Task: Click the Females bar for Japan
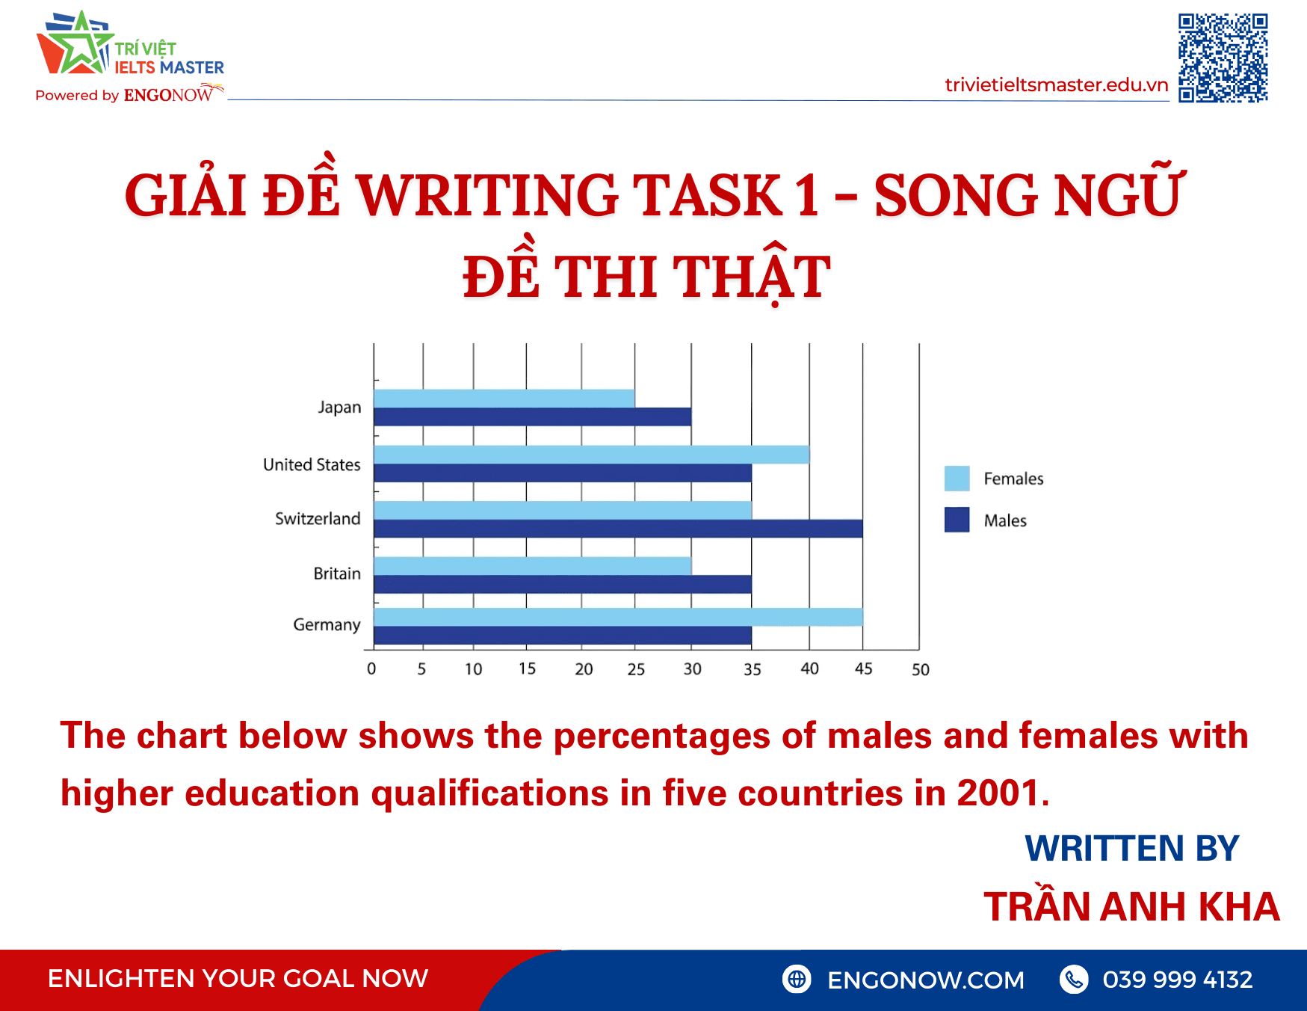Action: pyautogui.click(x=504, y=399)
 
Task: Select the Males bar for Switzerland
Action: pyautogui.click(x=618, y=529)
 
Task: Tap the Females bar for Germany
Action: pyautogui.click(x=618, y=617)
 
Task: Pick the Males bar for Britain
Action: pyautogui.click(x=563, y=584)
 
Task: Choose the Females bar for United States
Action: pyautogui.click(x=591, y=455)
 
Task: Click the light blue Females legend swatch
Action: pyautogui.click(x=957, y=479)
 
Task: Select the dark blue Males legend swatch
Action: pyautogui.click(x=957, y=520)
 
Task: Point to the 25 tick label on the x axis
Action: pyautogui.click(x=636, y=669)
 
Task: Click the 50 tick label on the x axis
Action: pyautogui.click(x=920, y=670)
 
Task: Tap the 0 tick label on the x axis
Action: pyautogui.click(x=371, y=669)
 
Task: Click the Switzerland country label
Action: pyautogui.click(x=318, y=519)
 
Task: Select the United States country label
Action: pyautogui.click(x=312, y=465)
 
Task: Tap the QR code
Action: pyautogui.click(x=1223, y=58)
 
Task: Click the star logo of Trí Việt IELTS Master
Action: pyautogui.click(x=75, y=45)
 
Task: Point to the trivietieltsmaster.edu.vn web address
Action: pyautogui.click(x=1056, y=85)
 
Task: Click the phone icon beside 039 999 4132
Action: pyautogui.click(x=1074, y=979)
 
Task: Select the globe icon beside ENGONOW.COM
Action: pyautogui.click(x=797, y=979)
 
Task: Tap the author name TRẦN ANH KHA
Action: pyautogui.click(x=1131, y=907)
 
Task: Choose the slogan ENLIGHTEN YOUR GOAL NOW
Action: pyautogui.click(x=238, y=979)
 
